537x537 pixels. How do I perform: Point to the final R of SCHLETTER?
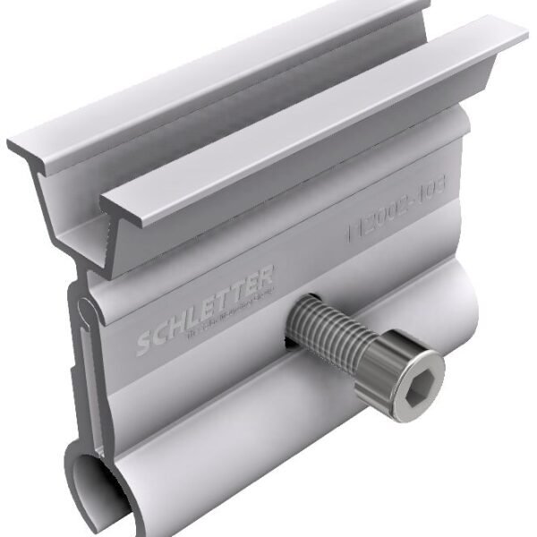click(268, 275)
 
